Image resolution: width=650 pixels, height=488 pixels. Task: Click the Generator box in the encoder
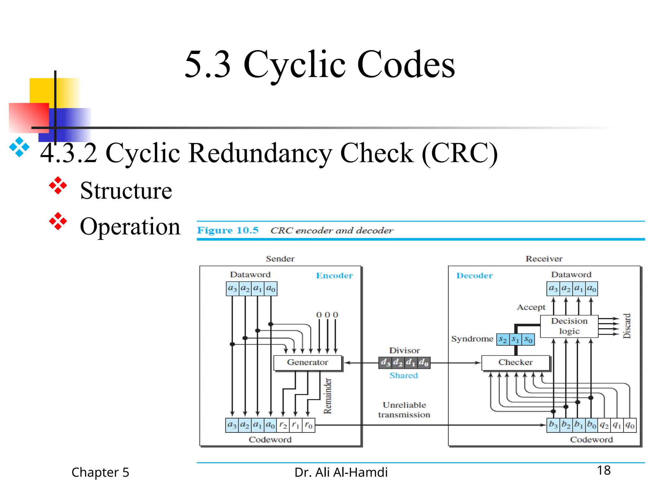tap(307, 363)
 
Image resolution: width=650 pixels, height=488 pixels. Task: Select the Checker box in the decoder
tap(515, 363)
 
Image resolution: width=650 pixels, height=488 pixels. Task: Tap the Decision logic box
tap(569, 326)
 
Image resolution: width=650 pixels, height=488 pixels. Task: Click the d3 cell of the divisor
tap(385, 363)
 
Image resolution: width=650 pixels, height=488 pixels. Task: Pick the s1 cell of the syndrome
tap(515, 339)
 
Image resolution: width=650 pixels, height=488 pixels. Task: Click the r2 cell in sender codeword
tap(283, 425)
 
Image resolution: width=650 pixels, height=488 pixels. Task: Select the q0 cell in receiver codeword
tap(630, 425)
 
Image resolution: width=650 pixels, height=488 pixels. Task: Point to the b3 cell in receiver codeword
tap(553, 425)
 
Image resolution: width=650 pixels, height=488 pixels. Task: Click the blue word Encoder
tap(334, 275)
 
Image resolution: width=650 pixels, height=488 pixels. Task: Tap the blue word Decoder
tap(474, 275)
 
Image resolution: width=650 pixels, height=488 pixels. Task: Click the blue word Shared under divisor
tap(403, 376)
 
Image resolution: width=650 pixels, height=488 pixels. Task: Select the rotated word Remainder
tap(327, 396)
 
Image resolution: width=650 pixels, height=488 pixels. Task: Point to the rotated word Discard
tap(627, 326)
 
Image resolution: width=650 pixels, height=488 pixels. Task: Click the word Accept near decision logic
tap(531, 307)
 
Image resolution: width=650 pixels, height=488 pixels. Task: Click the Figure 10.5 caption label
tap(228, 230)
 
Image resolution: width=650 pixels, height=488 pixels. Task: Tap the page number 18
tap(603, 470)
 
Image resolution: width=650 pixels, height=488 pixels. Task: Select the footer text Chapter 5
tap(100, 472)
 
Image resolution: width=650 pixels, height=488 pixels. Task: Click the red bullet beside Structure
tap(58, 186)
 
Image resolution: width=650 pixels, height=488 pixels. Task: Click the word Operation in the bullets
tap(130, 227)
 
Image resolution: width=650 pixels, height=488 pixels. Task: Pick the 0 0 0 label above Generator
tap(327, 315)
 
